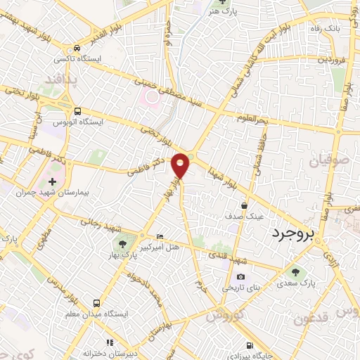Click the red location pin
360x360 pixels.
(181, 164)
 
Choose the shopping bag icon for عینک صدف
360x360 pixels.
(244, 205)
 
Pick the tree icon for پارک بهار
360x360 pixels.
(122, 245)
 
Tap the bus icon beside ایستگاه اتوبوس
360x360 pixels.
(77, 110)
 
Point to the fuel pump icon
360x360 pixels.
(251, 346)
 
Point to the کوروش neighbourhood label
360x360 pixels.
(224, 314)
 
